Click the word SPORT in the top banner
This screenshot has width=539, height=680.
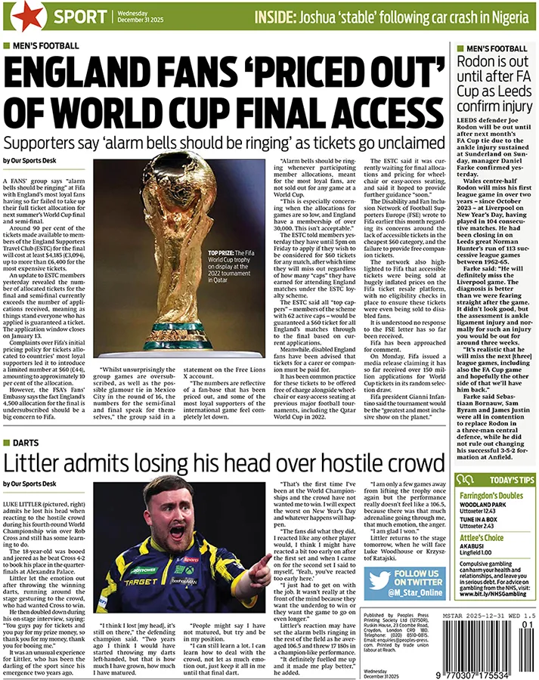80,16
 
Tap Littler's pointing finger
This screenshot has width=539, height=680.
264,564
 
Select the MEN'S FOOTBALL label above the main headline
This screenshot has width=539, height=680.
45,45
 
